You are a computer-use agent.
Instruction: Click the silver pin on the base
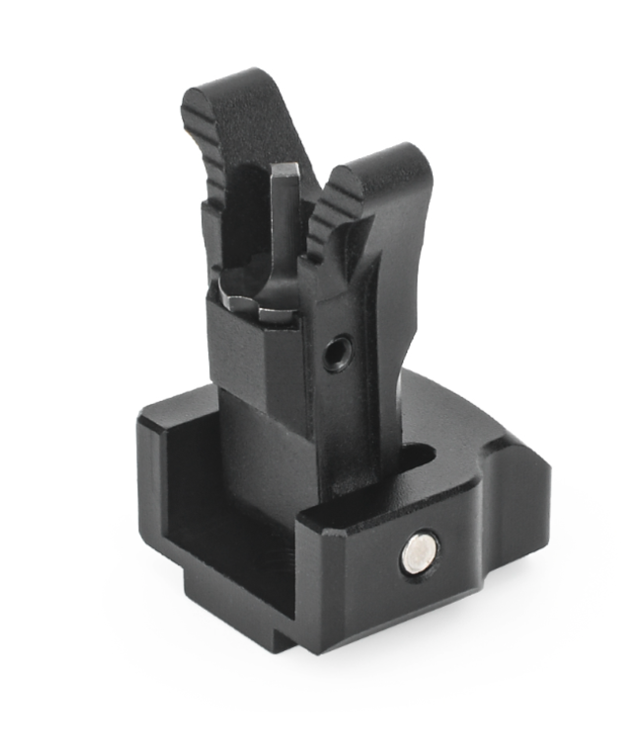(x=420, y=554)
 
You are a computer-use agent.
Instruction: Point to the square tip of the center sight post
(x=284, y=178)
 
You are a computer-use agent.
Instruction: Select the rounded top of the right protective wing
(x=390, y=161)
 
